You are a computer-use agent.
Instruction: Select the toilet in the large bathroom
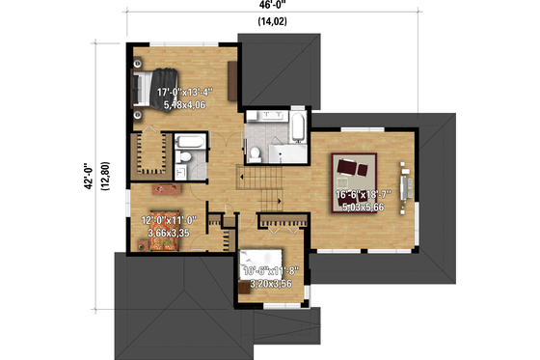(x=255, y=153)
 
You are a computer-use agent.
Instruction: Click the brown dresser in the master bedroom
(x=232, y=78)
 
